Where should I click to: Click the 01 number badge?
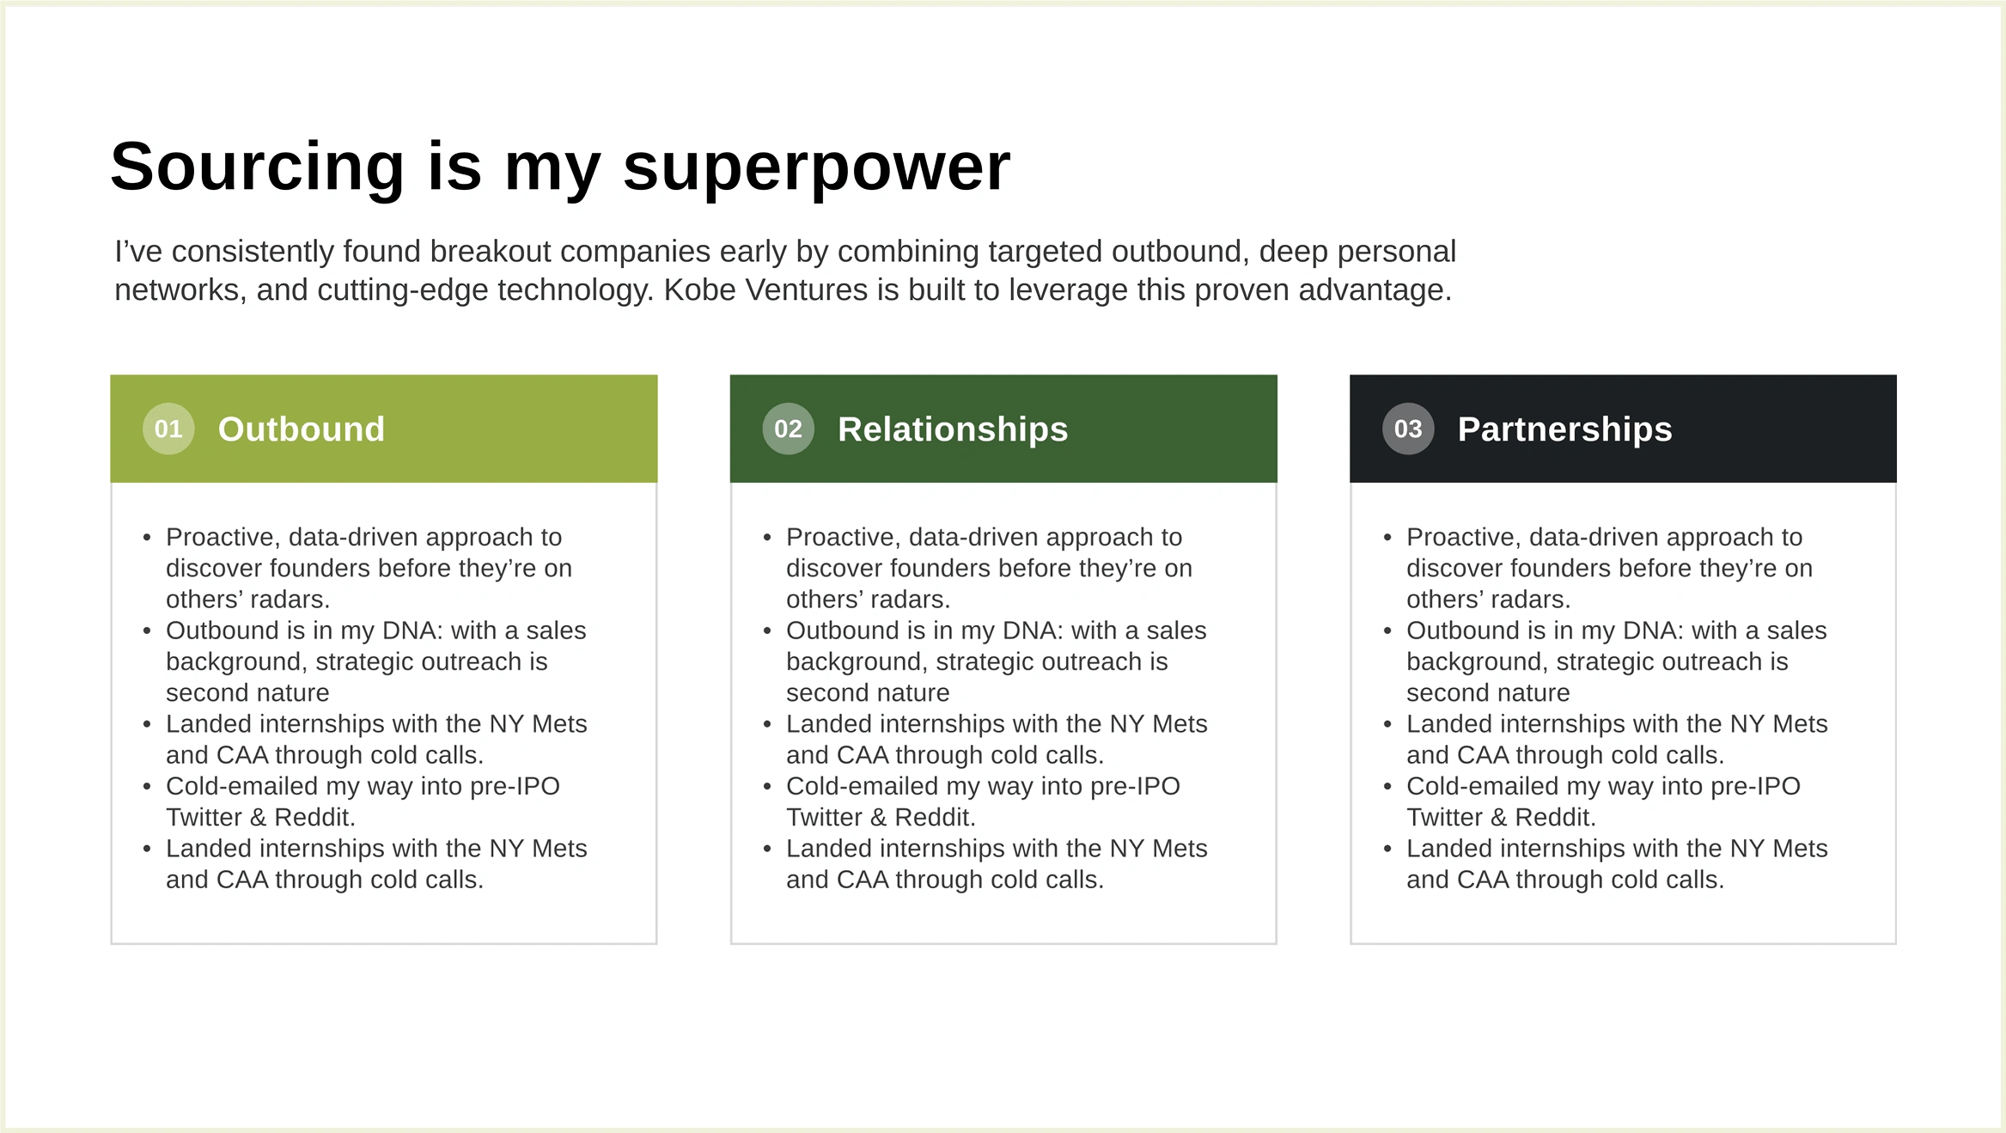click(x=168, y=429)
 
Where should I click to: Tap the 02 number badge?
click(x=788, y=429)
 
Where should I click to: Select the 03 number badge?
click(x=1408, y=429)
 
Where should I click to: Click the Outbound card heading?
click(x=301, y=429)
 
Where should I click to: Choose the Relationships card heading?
click(x=953, y=429)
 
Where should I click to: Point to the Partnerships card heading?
click(x=1564, y=429)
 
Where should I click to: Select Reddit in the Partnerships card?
click(x=1555, y=817)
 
